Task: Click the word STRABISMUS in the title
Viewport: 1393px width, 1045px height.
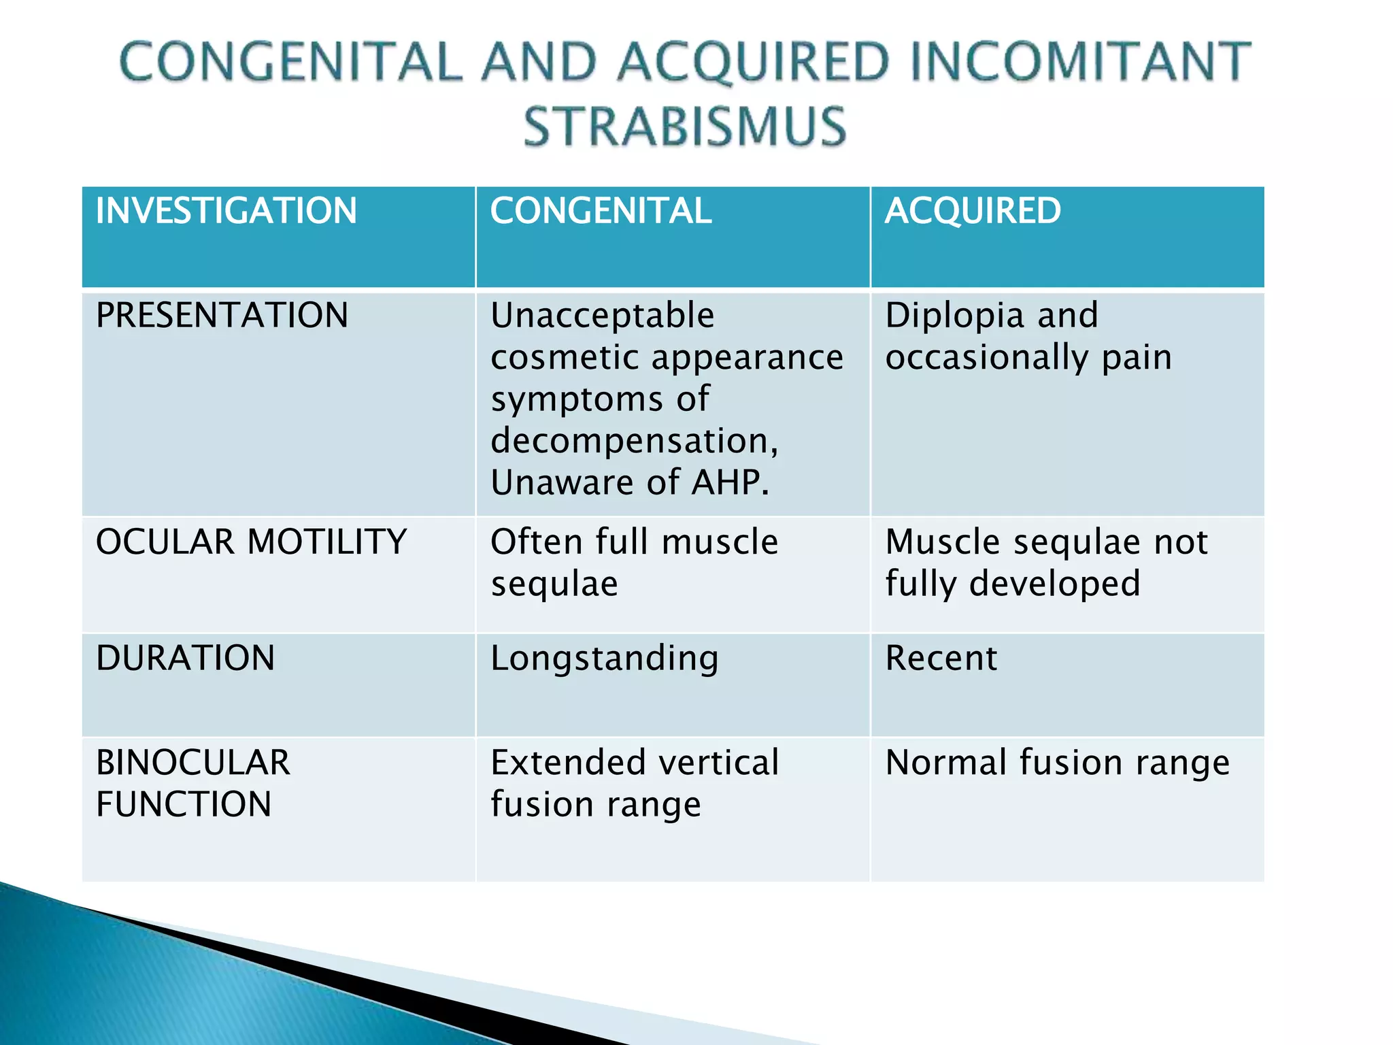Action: [685, 127]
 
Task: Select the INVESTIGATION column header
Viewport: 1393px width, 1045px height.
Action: [226, 211]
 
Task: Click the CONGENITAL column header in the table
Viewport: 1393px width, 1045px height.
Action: [601, 211]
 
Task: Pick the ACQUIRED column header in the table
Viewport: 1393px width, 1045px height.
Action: [973, 211]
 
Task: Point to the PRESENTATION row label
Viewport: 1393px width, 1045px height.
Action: [222, 316]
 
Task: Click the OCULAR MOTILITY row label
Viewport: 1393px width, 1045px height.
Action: [251, 542]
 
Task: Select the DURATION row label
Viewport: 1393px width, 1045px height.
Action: [185, 659]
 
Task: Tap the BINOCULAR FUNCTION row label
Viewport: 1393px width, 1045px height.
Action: [192, 783]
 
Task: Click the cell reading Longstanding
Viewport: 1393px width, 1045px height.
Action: [604, 659]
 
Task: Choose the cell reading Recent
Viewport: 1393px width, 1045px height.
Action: [941, 659]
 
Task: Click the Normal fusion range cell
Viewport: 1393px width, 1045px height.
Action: [1057, 763]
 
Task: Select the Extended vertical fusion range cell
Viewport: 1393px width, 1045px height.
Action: [634, 783]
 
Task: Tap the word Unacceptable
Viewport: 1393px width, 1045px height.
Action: [603, 316]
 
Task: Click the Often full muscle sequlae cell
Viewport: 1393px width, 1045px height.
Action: [634, 563]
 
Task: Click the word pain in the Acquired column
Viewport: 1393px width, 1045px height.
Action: [1137, 358]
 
